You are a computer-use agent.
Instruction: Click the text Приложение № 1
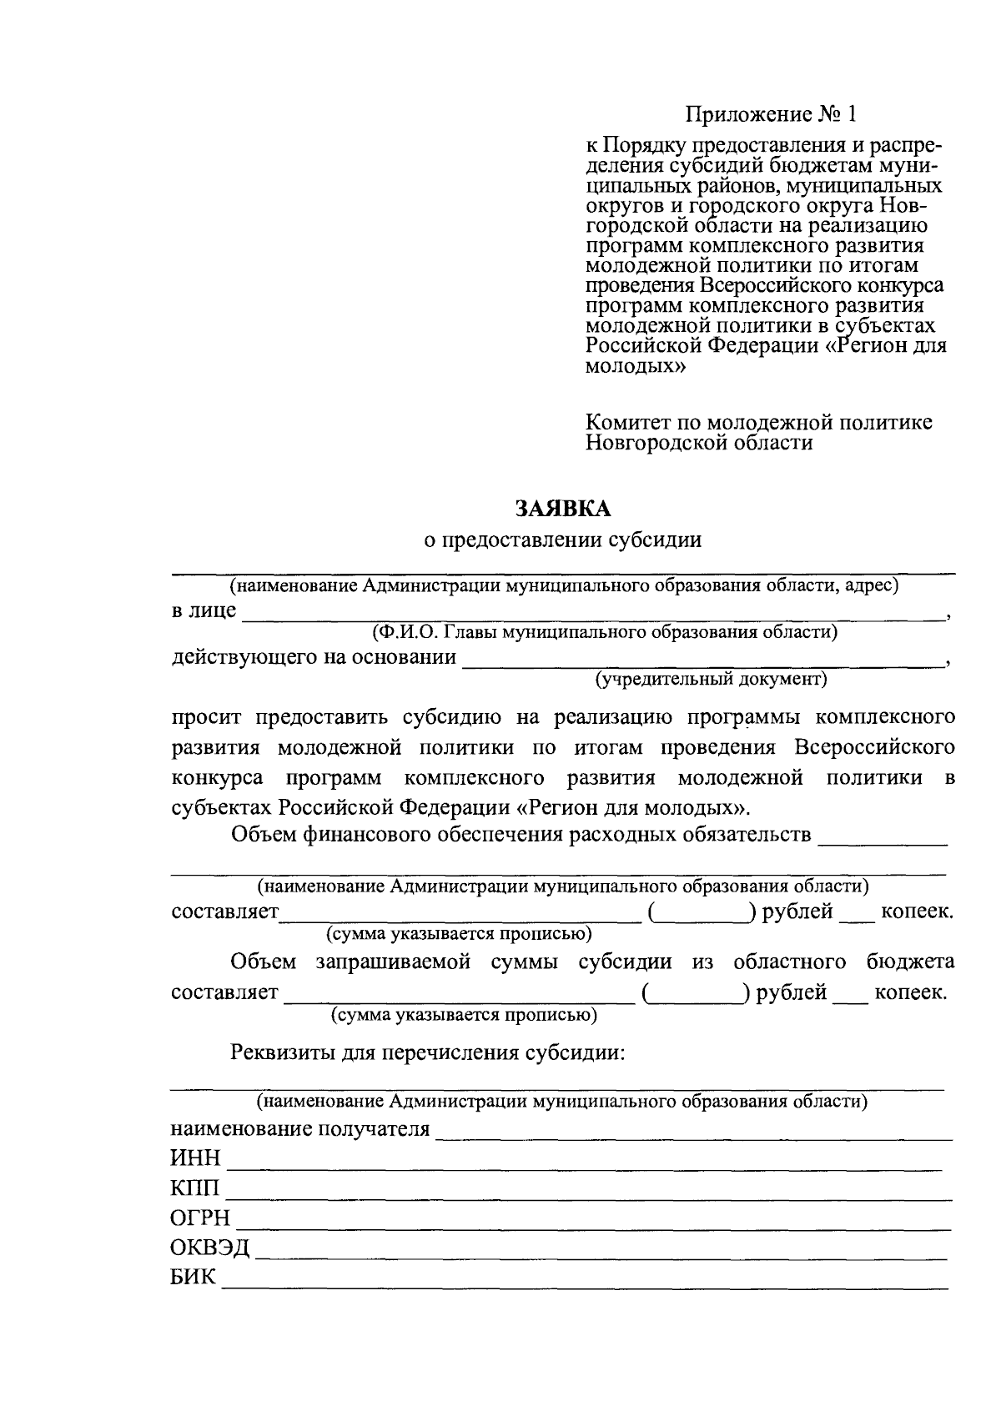coord(771,113)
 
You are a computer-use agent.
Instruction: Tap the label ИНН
coord(196,1158)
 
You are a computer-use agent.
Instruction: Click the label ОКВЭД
coord(210,1248)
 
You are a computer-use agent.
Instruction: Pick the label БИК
coord(194,1278)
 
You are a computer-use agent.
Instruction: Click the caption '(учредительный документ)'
coord(711,680)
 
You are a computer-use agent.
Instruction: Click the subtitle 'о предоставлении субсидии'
coord(563,540)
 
